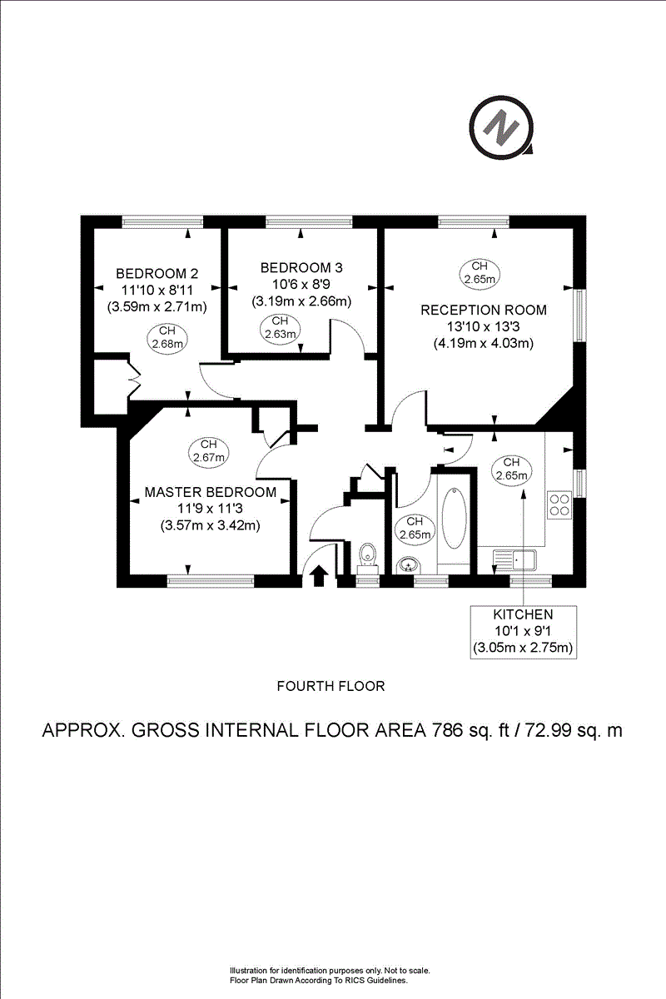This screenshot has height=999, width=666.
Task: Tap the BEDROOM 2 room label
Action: (157, 274)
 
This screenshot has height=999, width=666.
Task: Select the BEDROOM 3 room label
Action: (301, 268)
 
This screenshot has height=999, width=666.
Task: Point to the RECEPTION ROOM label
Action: (484, 310)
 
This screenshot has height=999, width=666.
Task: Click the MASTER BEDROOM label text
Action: (210, 492)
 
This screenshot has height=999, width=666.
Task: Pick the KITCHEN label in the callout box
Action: (523, 614)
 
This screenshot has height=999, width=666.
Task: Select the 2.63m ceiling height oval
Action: (279, 328)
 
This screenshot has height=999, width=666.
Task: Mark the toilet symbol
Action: (367, 554)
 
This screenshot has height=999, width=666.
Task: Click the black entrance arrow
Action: (318, 575)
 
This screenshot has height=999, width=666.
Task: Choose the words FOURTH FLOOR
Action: (331, 687)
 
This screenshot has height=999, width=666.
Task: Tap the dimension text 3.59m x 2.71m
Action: (157, 306)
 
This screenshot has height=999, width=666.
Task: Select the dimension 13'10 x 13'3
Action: (484, 326)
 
